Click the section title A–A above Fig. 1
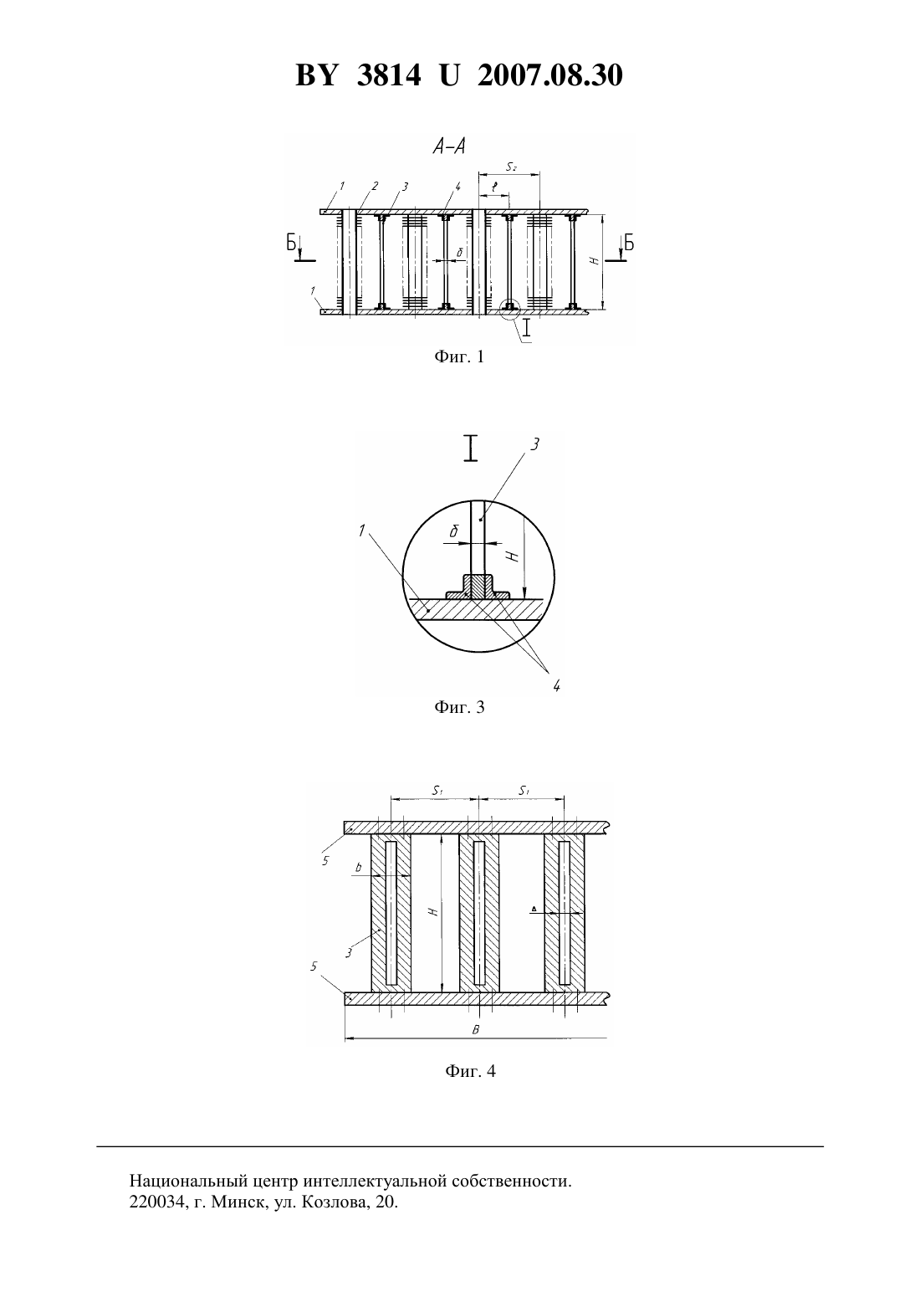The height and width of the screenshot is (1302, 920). tap(449, 147)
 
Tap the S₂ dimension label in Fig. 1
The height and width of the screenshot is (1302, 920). tap(511, 167)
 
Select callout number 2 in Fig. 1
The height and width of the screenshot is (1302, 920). tap(375, 186)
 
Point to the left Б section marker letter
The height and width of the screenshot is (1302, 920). tap(292, 243)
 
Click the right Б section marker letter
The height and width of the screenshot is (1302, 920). tap(628, 243)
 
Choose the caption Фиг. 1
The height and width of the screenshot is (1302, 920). tap(459, 356)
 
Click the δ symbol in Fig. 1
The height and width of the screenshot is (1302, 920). tap(459, 253)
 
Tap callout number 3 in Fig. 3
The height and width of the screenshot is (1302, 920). tap(534, 444)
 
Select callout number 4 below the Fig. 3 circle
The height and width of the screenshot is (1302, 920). tap(556, 686)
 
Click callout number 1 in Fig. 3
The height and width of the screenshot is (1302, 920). tap(362, 531)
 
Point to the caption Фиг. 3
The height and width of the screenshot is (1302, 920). tap(459, 707)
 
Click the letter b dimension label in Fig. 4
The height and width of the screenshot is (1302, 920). tap(358, 867)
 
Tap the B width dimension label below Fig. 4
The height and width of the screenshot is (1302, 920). tap(476, 1030)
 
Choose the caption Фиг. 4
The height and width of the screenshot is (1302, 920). tap(470, 1071)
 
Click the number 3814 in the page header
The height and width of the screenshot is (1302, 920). tap(389, 75)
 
